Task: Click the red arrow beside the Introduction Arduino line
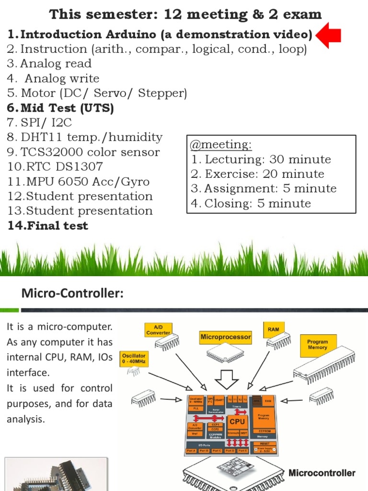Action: (x=329, y=35)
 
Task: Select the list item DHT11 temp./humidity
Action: (x=85, y=137)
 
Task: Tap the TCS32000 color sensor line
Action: (x=83, y=152)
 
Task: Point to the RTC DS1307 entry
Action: (x=55, y=167)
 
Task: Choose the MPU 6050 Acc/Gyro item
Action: (x=78, y=182)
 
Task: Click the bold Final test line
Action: (x=48, y=226)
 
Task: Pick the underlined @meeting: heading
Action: (x=221, y=144)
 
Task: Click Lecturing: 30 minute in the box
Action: (x=261, y=159)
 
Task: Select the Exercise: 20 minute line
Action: (x=257, y=174)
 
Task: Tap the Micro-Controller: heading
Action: (x=72, y=293)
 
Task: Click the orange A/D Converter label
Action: (x=158, y=329)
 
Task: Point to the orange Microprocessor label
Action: (x=225, y=337)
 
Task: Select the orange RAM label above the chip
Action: (x=274, y=329)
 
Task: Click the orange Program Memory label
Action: (x=318, y=345)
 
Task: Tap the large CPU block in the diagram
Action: (x=237, y=421)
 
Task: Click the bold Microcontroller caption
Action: (x=322, y=473)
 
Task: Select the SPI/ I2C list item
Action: (x=46, y=123)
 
